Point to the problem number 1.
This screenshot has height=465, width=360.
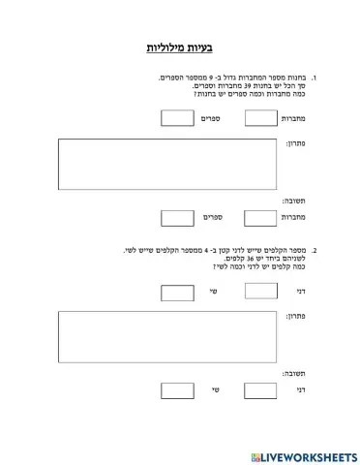coord(315,77)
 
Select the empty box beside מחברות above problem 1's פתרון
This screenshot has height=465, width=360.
coord(260,118)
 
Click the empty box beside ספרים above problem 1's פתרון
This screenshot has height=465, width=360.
coord(177,118)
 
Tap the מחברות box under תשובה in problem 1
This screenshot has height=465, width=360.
coord(260,218)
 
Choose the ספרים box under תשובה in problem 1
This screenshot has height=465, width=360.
coord(177,218)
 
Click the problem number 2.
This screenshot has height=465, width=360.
coord(315,250)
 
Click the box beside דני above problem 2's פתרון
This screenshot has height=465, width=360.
coord(260,291)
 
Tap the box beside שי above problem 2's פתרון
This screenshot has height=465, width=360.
coord(177,291)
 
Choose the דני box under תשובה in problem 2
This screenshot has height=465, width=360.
coord(260,391)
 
